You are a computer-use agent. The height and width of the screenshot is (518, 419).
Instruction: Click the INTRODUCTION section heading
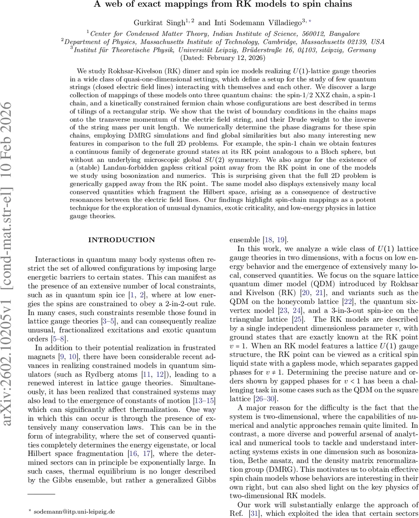[x=121, y=240]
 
